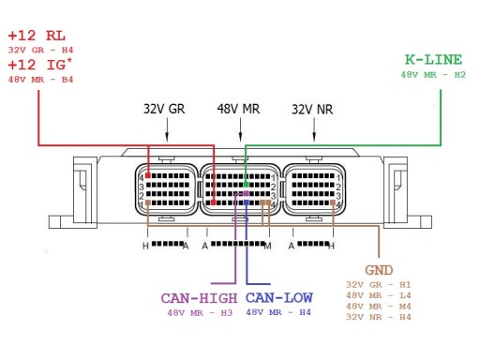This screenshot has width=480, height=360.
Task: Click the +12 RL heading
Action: click(x=37, y=36)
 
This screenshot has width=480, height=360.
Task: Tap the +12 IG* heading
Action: click(x=40, y=65)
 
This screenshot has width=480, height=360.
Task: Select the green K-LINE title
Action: click(x=433, y=59)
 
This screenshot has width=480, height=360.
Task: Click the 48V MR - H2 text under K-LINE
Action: click(x=433, y=75)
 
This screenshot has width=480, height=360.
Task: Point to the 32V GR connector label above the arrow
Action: click(x=164, y=109)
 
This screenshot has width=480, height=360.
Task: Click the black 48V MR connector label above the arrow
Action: click(x=238, y=109)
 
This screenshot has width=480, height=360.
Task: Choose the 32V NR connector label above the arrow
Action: click(x=312, y=110)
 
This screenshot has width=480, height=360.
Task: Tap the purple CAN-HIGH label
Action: click(x=199, y=298)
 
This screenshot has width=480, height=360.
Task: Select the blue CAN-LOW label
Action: click(x=279, y=297)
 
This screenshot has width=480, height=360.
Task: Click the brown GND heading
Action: click(x=379, y=270)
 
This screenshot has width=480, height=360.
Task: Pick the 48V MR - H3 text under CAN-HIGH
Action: click(x=200, y=313)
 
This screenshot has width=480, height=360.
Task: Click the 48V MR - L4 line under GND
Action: click(x=378, y=295)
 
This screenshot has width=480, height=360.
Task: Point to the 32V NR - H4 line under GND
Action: click(x=378, y=317)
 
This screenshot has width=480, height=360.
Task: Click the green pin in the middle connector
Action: click(x=247, y=185)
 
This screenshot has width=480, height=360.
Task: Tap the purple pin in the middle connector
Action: click(x=247, y=194)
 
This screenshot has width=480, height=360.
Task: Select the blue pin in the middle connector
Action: click(x=247, y=202)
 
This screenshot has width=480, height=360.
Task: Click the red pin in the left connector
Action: click(x=148, y=175)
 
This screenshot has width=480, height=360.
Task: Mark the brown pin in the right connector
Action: click(x=333, y=202)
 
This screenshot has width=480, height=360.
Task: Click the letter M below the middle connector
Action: click(x=267, y=247)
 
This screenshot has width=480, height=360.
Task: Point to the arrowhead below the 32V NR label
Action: click(x=314, y=137)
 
